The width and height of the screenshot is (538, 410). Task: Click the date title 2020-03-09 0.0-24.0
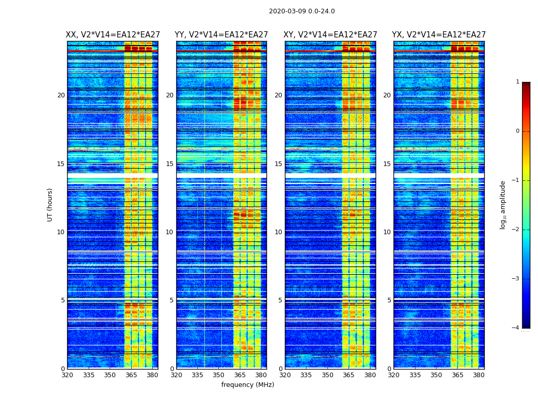coord(302,11)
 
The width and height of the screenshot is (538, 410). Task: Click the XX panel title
coord(113,35)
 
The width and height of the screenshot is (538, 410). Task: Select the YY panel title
coord(221,35)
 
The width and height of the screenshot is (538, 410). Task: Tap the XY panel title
coord(330,35)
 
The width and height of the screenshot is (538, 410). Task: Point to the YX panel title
coord(439,35)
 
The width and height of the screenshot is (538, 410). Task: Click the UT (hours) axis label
coord(50,204)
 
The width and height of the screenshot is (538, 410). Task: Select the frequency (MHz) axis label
coord(247,385)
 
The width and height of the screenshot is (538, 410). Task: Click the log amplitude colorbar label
coord(503,204)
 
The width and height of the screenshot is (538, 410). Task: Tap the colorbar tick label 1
coord(518,82)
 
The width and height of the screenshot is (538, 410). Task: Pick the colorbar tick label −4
coord(516,328)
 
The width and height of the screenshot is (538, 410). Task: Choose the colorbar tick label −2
coord(516,230)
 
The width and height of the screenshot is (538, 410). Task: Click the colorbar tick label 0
coord(518,131)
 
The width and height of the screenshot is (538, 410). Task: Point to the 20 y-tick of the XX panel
coord(61,95)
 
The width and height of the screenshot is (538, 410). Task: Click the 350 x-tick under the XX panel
coord(110,375)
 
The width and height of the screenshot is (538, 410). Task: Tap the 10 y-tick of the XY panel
coord(278,232)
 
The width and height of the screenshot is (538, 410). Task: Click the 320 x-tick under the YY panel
coord(176,375)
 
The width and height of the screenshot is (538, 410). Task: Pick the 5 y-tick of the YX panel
coord(389,300)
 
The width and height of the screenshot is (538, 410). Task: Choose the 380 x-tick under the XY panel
coord(370,375)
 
